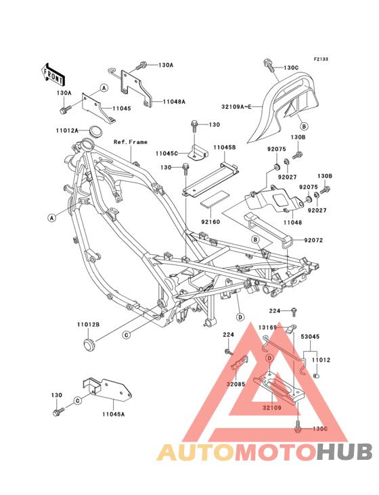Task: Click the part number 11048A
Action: click(174, 102)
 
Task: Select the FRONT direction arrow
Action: click(53, 71)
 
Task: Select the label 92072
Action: click(315, 239)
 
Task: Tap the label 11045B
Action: click(225, 147)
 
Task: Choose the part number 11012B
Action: click(88, 325)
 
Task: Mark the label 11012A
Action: click(87, 129)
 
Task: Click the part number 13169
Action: click(268, 327)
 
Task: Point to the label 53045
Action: click(311, 335)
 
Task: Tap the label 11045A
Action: click(114, 414)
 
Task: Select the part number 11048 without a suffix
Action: click(292, 222)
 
